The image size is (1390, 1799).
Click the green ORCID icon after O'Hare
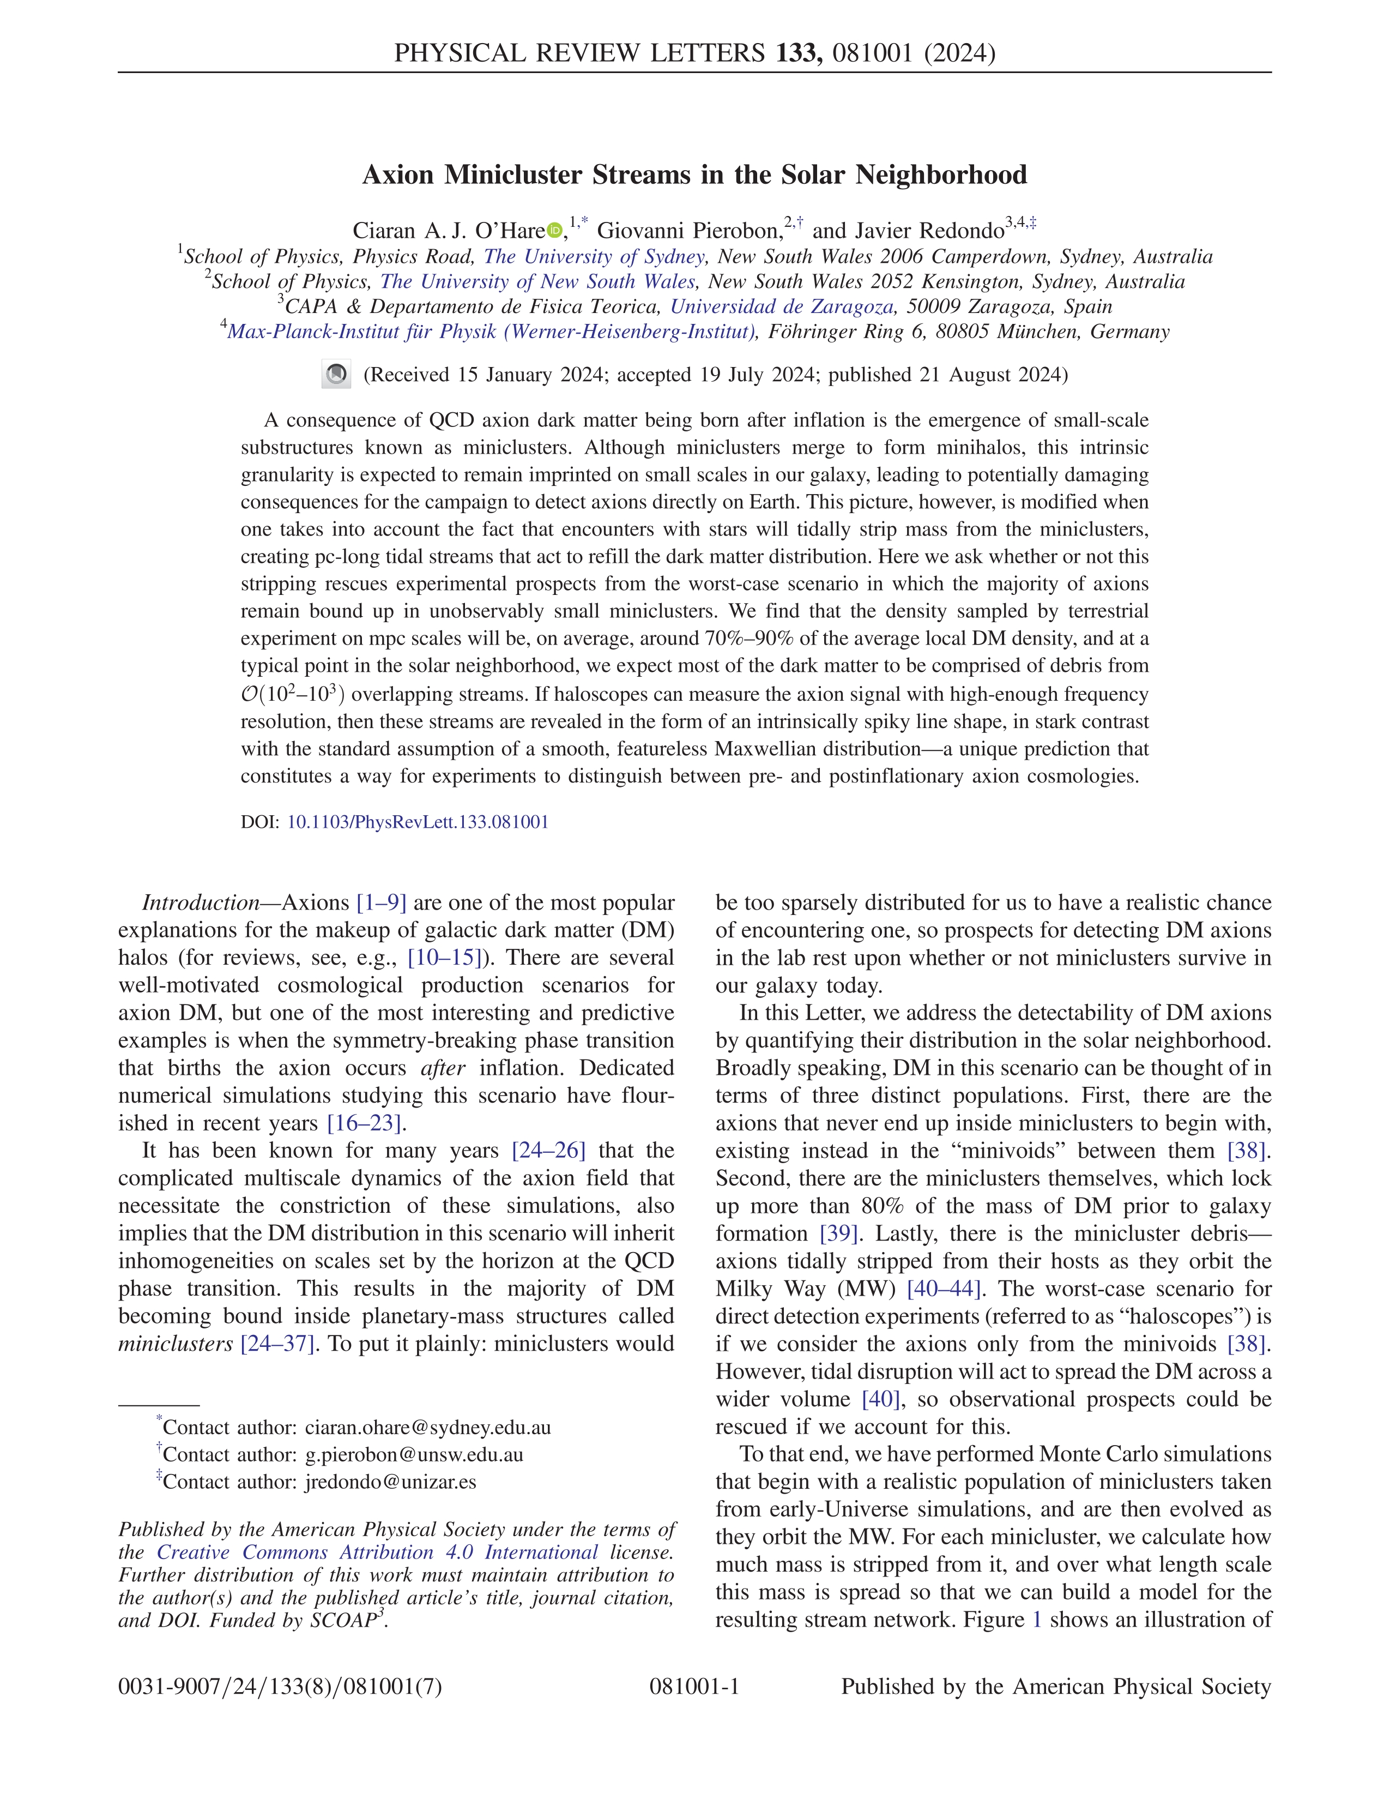point(554,231)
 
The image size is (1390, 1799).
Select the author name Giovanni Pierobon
point(688,231)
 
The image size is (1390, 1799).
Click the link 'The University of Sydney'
point(594,257)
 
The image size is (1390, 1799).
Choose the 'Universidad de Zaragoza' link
point(782,307)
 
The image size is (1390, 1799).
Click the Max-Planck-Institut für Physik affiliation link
point(492,332)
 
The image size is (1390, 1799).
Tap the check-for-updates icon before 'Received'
point(336,375)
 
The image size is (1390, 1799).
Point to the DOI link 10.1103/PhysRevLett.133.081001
point(418,822)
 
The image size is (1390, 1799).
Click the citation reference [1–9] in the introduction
point(381,903)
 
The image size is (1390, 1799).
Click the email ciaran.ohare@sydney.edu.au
point(427,1428)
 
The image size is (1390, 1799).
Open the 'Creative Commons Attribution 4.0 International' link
point(377,1553)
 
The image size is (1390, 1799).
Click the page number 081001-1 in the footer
point(694,1687)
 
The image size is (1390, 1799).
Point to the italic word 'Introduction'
point(201,903)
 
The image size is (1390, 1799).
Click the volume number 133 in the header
point(797,53)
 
